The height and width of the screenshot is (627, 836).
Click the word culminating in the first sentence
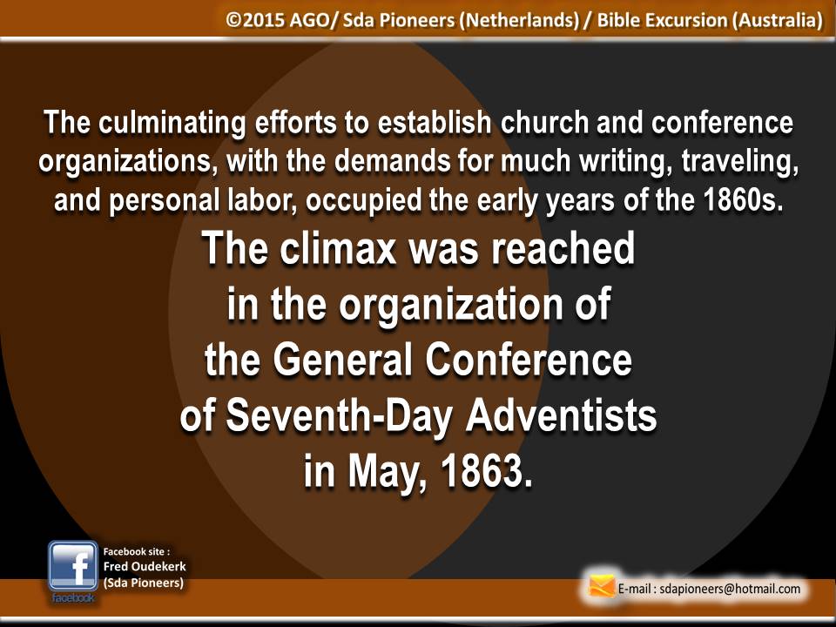point(172,124)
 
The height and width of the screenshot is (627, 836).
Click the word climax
point(339,248)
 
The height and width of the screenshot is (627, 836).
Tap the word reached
point(563,248)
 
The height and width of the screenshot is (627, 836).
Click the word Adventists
point(562,415)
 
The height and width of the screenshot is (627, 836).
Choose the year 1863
point(487,471)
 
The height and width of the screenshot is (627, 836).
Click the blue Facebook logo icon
point(73,566)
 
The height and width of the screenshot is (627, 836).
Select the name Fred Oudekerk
point(145,566)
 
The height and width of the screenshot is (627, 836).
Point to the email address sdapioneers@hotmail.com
point(730,589)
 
